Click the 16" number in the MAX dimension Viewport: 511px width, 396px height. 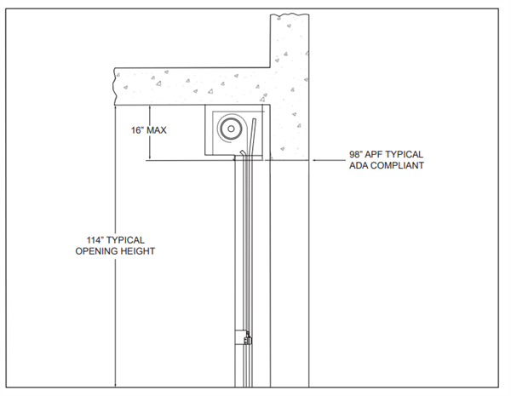(x=137, y=130)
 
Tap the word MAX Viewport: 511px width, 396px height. (x=157, y=130)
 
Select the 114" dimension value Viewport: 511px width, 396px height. (x=95, y=240)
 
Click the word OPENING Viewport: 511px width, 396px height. (x=96, y=251)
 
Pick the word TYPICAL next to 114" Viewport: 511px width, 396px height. (x=125, y=240)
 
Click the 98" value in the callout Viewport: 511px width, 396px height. (x=357, y=154)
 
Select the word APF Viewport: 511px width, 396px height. (x=375, y=154)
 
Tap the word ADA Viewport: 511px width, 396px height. (x=359, y=165)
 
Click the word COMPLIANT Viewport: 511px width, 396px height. (x=397, y=165)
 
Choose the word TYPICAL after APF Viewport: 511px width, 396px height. (x=405, y=154)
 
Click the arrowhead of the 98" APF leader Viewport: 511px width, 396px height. (x=313, y=160)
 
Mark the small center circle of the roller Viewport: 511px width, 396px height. (x=231, y=129)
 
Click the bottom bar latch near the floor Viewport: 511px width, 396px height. (x=249, y=338)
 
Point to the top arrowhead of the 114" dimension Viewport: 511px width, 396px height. (x=115, y=107)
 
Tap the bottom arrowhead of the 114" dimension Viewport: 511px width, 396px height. (x=115, y=385)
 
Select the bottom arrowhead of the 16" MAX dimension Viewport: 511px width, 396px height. (x=149, y=158)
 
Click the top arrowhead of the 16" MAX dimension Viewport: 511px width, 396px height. (x=149, y=107)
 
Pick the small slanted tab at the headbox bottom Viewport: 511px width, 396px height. (x=243, y=152)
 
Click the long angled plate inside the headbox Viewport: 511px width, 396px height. (x=251, y=136)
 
